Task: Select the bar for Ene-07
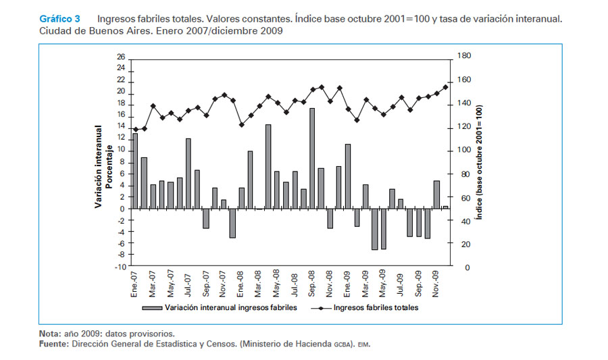click(x=135, y=171)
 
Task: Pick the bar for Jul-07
click(x=188, y=174)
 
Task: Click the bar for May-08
click(x=277, y=190)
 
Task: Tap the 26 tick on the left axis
click(x=121, y=57)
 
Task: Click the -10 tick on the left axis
click(x=120, y=267)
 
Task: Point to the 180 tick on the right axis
click(x=463, y=57)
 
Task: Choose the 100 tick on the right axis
click(x=463, y=151)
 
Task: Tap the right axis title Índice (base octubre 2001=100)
click(x=478, y=162)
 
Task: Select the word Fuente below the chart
click(x=53, y=344)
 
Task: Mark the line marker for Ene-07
click(x=135, y=130)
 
